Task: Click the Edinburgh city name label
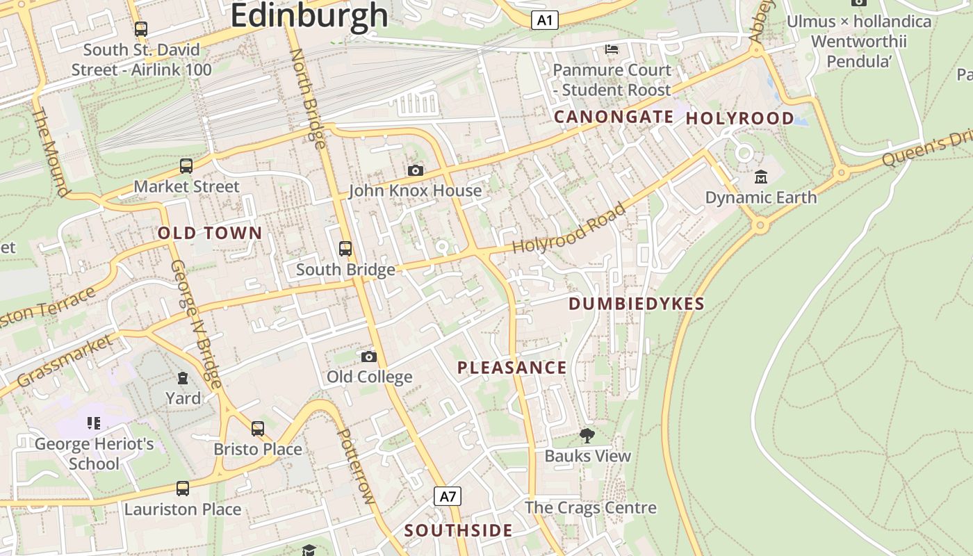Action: [309, 15]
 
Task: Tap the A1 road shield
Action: [545, 20]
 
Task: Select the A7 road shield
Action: [448, 496]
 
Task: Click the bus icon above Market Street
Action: [186, 166]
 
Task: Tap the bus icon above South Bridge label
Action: [345, 249]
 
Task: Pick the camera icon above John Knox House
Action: [415, 170]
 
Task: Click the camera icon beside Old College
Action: [369, 357]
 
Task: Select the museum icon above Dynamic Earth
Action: [760, 177]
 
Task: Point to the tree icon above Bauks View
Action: [587, 436]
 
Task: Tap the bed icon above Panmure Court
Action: [611, 49]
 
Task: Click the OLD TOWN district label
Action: [210, 234]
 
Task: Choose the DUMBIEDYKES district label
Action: [637, 304]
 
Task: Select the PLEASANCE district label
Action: [512, 368]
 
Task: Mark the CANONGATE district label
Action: [614, 117]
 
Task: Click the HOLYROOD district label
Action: [739, 118]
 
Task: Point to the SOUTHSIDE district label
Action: [459, 530]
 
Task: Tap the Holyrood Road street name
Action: [569, 229]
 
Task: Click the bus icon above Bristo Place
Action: [258, 429]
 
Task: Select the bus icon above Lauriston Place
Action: [182, 489]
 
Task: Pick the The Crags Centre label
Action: [590, 507]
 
